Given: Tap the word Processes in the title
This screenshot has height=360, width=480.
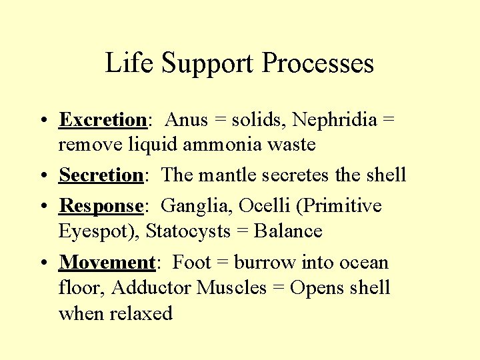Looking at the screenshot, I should [318, 63].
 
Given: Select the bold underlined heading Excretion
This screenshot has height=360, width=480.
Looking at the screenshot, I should [103, 120].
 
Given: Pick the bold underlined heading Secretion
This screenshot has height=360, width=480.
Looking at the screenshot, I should [101, 175].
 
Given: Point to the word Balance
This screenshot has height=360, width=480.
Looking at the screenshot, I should [289, 231].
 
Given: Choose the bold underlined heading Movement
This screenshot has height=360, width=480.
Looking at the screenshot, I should [107, 263].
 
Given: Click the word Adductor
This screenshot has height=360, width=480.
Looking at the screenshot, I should [153, 288].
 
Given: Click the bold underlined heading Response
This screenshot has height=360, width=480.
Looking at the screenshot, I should [101, 206].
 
